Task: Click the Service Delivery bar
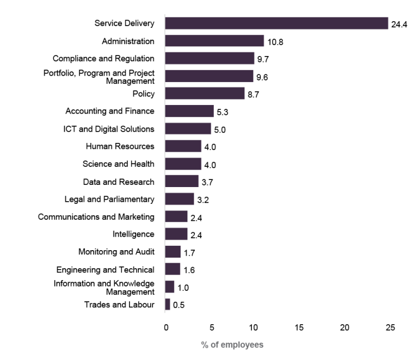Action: (x=276, y=23)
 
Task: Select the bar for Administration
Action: (x=214, y=41)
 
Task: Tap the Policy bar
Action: (x=205, y=94)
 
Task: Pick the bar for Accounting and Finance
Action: (x=189, y=111)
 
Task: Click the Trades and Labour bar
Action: (x=168, y=305)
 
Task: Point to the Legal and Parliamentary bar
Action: (x=180, y=199)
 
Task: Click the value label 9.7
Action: (x=263, y=59)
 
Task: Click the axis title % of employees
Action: (x=232, y=345)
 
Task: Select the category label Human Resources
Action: (x=120, y=146)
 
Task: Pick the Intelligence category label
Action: (x=133, y=234)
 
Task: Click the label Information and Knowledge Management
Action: (x=104, y=287)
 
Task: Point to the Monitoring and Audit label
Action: (x=116, y=252)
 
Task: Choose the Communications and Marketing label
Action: (x=96, y=217)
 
